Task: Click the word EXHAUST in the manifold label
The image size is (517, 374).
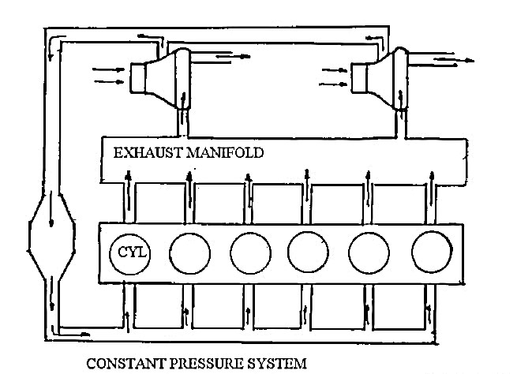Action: [148, 153]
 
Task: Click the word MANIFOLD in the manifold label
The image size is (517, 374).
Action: [225, 153]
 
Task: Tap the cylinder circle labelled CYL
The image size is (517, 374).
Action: [130, 254]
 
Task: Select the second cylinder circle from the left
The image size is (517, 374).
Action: [189, 253]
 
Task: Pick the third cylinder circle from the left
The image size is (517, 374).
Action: [250, 253]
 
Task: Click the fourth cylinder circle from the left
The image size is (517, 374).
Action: [308, 252]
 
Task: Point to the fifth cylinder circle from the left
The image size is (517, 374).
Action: [369, 253]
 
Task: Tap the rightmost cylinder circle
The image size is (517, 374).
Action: [432, 252]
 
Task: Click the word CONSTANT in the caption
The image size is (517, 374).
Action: [126, 364]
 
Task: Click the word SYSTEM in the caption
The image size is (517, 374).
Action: [277, 364]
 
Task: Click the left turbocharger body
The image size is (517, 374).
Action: [160, 78]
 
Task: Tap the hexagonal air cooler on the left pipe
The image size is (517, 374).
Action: [51, 235]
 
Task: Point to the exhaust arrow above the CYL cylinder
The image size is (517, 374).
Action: [129, 189]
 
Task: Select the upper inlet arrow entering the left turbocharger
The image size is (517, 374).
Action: [108, 69]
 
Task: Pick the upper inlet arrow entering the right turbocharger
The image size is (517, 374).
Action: [335, 70]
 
